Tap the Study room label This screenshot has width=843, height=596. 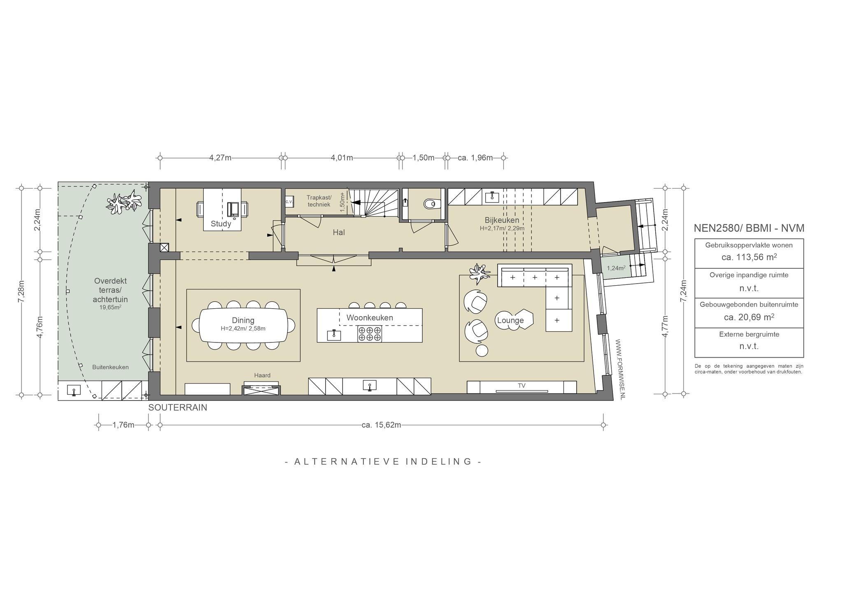pos(221,224)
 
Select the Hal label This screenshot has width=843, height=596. pos(339,233)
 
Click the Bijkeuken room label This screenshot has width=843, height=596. pos(502,220)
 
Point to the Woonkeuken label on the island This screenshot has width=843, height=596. pos(370,318)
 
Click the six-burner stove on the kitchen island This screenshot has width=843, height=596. pos(370,333)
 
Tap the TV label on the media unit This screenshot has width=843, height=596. pos(522,386)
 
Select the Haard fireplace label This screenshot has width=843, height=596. pos(262,375)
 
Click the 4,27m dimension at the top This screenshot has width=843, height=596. pos(220,158)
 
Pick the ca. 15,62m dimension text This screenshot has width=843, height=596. pos(381,425)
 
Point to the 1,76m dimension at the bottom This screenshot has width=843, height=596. pos(123,425)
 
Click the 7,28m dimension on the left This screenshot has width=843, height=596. pos(21,291)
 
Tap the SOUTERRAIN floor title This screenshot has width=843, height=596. pos(178,407)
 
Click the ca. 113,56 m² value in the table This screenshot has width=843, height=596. pos(749,257)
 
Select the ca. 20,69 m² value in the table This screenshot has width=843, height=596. pos(749,317)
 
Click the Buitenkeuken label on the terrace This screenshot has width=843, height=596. pos(110,367)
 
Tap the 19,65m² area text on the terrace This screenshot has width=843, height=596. pos(110,307)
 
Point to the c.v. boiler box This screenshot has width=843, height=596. pos(289,202)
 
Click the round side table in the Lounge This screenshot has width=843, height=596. pos(482,350)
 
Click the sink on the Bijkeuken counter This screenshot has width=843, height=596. pos(492,197)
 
